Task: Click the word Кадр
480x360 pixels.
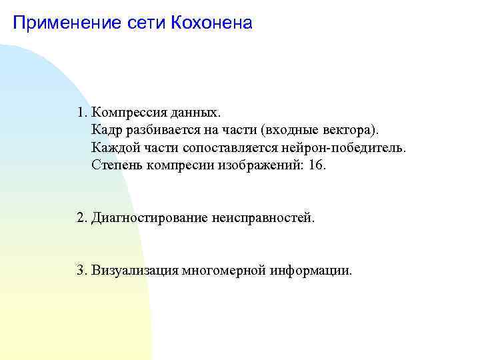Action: tap(107, 128)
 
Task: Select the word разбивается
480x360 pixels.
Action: tap(158, 128)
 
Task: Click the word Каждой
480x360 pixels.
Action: tap(113, 147)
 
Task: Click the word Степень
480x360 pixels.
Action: tap(115, 165)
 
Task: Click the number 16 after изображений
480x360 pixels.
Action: tap(317, 165)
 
